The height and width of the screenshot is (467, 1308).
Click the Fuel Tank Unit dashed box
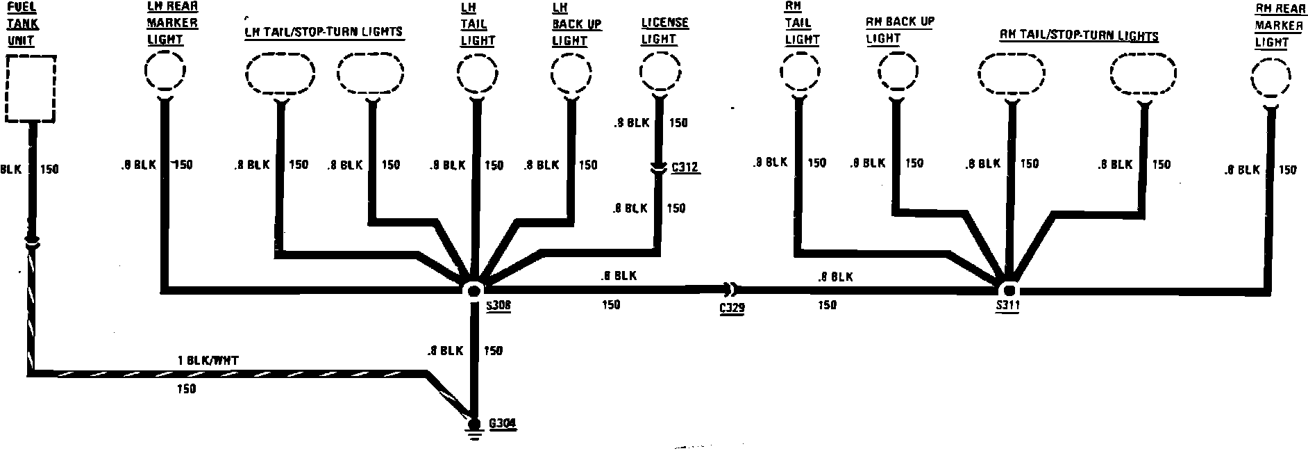point(30,88)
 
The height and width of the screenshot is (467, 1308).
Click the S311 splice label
point(1007,307)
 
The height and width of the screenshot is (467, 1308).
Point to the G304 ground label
point(503,423)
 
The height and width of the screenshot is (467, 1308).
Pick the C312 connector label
point(685,167)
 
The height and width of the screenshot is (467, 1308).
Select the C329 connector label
point(732,309)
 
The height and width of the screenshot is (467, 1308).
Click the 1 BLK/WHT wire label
point(208,361)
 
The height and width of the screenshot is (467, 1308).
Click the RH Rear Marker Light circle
point(1271,80)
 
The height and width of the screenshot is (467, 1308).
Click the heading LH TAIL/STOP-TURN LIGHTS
point(324,32)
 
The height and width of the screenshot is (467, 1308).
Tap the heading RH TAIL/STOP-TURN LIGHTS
point(1079,35)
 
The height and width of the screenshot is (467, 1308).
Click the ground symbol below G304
point(474,437)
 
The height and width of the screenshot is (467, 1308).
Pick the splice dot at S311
point(1008,289)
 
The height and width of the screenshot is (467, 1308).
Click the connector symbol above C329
point(731,288)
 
